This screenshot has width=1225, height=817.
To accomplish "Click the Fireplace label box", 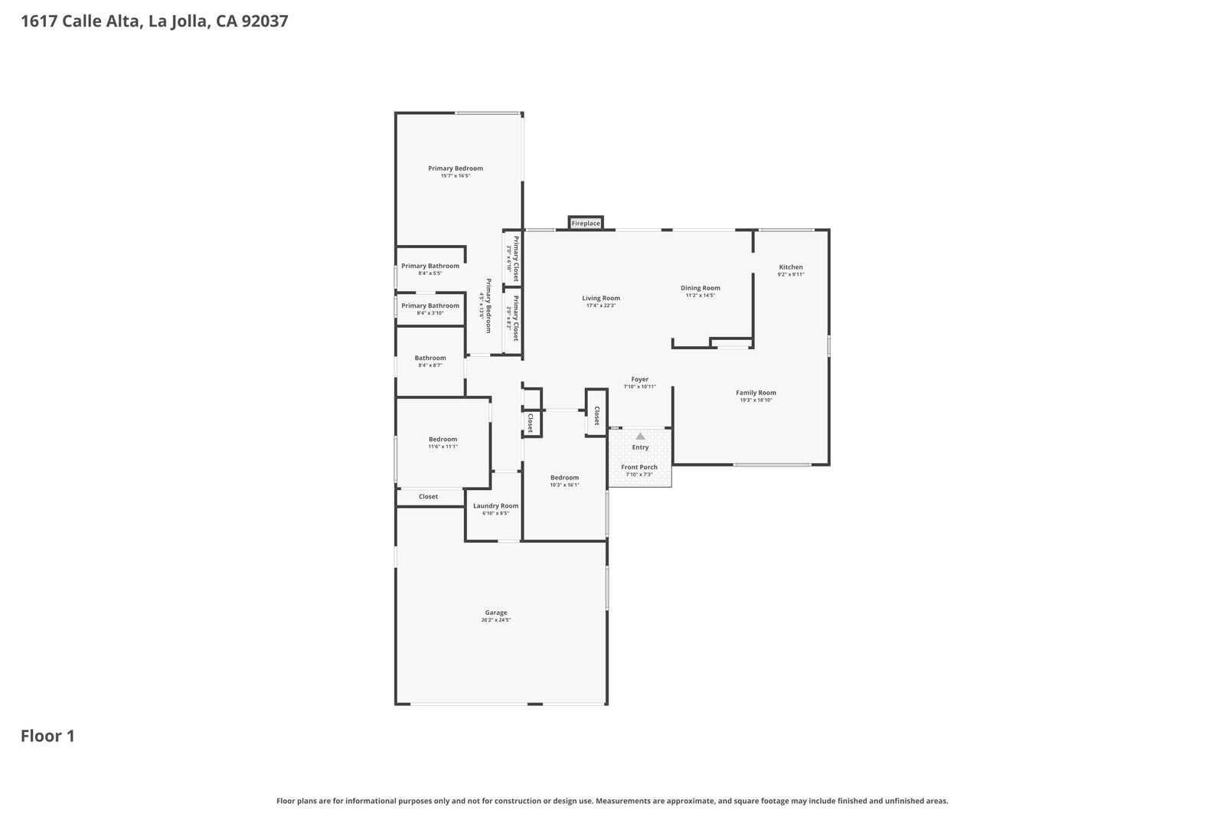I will (x=586, y=224).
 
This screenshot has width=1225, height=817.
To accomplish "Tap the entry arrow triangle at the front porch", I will (x=640, y=436).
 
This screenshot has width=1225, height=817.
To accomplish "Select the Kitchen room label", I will (x=791, y=267).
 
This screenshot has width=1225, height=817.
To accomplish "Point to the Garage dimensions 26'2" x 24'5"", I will (x=495, y=620).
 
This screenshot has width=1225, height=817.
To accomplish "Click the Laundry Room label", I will (x=495, y=505).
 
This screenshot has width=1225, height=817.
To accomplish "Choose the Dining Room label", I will (x=700, y=288).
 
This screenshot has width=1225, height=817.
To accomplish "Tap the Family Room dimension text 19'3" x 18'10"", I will (x=756, y=400).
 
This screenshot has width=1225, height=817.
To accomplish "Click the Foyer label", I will (x=639, y=379).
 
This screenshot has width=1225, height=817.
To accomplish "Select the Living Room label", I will (x=600, y=298).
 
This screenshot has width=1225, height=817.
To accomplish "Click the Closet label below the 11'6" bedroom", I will (x=428, y=497).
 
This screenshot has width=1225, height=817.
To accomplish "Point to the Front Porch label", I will (x=639, y=467).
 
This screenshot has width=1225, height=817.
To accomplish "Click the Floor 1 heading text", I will (x=47, y=737).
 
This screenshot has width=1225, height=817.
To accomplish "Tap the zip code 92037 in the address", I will (x=264, y=21).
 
